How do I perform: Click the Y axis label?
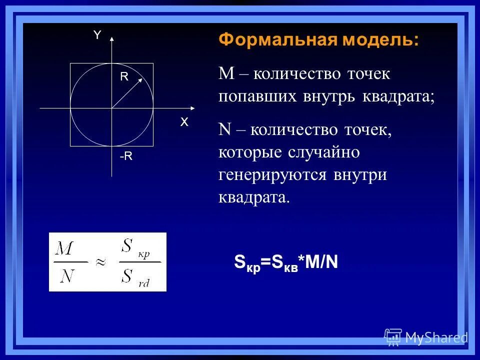pos(97,34)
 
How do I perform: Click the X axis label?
pos(184,122)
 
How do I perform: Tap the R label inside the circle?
pos(124,76)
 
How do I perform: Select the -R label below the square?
pos(126,156)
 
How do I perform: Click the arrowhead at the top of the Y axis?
pos(112,38)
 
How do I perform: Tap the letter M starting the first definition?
pos(226,74)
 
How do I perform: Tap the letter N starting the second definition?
pos(224,130)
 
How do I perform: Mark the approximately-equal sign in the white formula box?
pos(101,262)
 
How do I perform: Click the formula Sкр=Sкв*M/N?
pos(286,262)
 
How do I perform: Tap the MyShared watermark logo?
pos(426,337)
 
